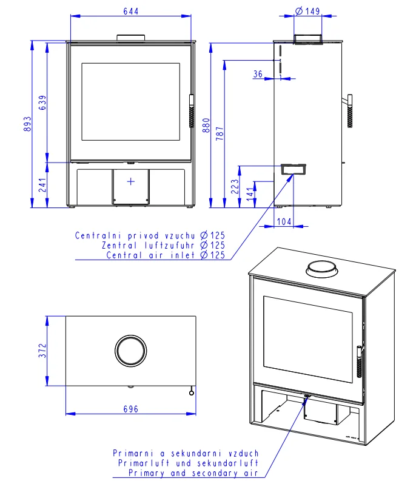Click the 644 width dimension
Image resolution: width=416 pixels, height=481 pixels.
(131, 12)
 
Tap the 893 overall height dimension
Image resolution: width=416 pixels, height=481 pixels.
(27, 124)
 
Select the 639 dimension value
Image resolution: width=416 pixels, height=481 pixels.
(42, 103)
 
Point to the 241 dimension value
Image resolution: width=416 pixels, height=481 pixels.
(42, 185)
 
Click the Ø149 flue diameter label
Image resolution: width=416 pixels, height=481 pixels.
(307, 11)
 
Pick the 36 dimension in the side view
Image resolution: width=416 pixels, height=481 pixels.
(258, 74)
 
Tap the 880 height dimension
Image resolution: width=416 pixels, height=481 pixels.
(206, 125)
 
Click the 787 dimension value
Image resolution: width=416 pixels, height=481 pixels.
(220, 133)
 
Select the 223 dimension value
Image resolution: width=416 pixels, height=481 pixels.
(235, 186)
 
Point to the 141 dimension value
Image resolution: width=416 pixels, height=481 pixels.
(250, 194)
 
